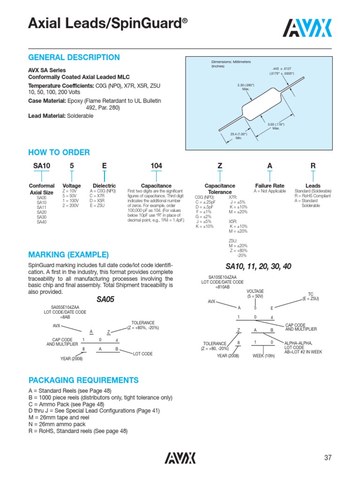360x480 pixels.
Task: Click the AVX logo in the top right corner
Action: tap(309, 28)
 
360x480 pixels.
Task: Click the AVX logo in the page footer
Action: tap(180, 457)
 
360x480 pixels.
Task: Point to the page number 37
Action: tap(328, 457)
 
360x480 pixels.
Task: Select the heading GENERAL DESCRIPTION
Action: tap(74, 58)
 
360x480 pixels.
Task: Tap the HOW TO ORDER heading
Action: tap(59, 152)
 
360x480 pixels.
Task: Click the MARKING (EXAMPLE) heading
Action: tap(68, 255)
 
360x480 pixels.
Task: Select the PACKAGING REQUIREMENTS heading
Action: tap(83, 380)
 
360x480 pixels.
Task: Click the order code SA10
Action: tap(42, 166)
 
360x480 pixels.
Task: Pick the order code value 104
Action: tap(156, 166)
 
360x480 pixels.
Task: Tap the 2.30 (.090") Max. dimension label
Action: tap(245, 87)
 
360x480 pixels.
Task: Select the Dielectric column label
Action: tap(104, 186)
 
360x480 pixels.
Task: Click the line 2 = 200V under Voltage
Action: tap(71, 205)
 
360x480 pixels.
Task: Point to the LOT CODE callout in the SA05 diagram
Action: tap(143, 353)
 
